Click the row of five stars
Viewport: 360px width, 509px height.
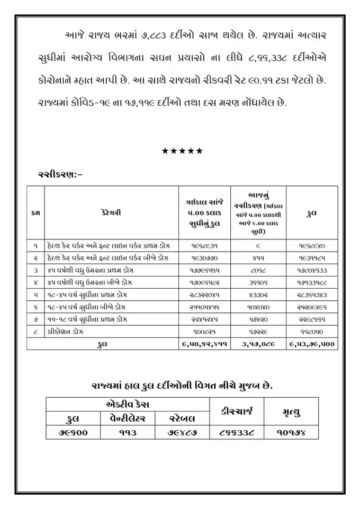182,151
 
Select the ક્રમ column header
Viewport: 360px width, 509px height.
35,213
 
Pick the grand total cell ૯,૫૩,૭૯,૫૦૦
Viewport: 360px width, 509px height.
312,344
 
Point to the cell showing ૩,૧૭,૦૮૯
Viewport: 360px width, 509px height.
258,344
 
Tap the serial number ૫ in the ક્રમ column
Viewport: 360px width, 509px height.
35,295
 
